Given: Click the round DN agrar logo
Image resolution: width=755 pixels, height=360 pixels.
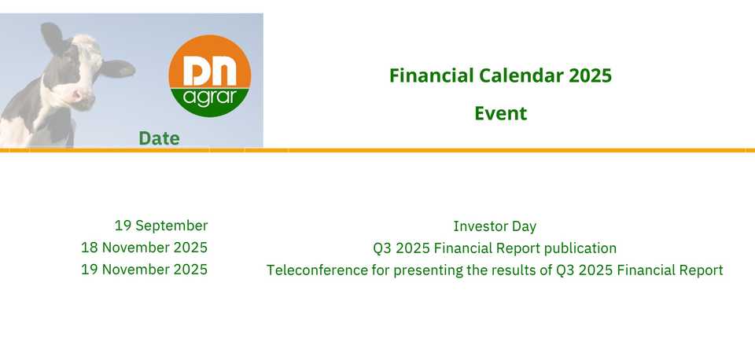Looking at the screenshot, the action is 209,76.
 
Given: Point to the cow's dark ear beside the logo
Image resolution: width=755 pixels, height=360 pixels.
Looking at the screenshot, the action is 117,69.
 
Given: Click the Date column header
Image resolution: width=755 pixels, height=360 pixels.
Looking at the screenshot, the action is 159,138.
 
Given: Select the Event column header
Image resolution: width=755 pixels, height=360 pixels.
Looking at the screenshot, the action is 501,114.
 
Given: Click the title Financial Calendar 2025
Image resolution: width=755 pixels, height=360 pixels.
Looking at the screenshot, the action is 500,75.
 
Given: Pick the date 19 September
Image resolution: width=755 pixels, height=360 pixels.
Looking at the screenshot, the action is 160,226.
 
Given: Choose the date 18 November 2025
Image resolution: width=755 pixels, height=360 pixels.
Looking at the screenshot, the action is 144,248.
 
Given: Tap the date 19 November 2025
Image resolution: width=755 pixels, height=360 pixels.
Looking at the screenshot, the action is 144,270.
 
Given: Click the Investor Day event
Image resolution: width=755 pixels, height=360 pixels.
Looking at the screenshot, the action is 495,226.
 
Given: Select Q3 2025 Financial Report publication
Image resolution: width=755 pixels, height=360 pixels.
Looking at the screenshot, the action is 495,248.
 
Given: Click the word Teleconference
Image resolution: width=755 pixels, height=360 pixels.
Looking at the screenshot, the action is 317,270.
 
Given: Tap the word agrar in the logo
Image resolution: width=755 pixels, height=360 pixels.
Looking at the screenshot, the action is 210,97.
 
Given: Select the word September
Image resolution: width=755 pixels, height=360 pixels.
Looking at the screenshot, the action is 171,226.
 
